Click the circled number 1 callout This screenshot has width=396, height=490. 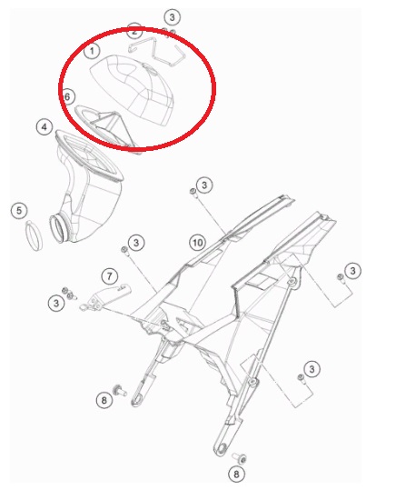(x=92, y=51)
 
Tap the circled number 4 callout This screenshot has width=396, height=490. (x=45, y=127)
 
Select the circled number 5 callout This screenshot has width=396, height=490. (x=19, y=210)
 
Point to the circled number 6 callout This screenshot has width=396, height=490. (x=68, y=96)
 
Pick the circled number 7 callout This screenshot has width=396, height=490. (x=109, y=276)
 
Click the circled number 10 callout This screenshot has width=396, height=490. (x=197, y=243)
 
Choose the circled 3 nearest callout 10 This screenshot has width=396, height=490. (x=204, y=185)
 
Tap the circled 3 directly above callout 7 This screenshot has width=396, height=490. (x=136, y=243)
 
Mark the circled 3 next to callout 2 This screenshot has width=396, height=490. (x=173, y=17)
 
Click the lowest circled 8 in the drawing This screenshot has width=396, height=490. (x=236, y=474)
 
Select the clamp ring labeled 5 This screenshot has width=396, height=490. (x=34, y=235)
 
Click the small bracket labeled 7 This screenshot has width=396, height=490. (x=104, y=297)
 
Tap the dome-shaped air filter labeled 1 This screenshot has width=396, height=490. (x=134, y=91)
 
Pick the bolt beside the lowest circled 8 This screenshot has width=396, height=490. (x=240, y=458)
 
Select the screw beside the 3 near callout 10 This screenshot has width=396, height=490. (x=193, y=192)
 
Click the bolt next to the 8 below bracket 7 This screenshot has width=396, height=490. (x=121, y=390)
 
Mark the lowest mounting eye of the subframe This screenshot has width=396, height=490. (x=222, y=449)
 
